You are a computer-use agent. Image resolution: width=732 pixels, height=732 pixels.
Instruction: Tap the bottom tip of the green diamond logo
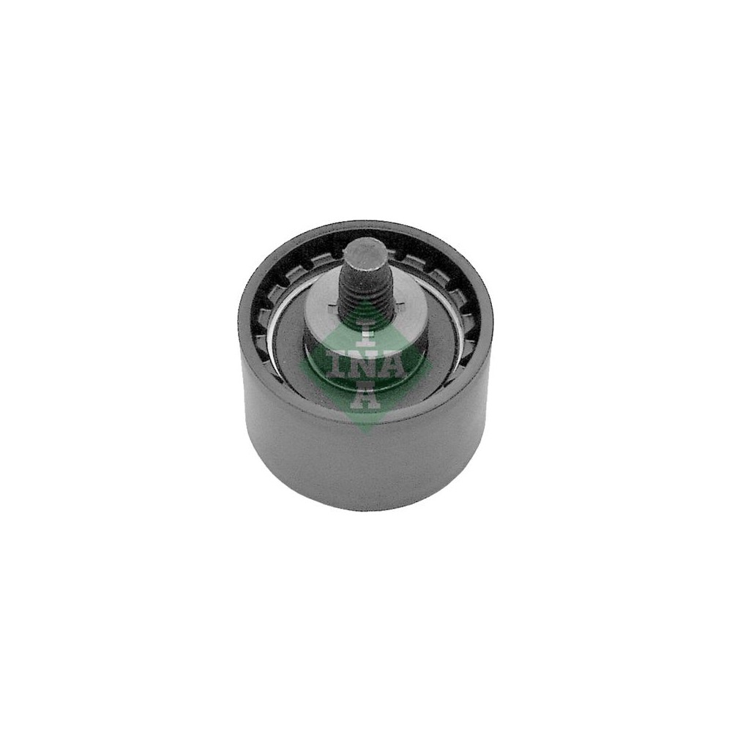[x=365, y=433]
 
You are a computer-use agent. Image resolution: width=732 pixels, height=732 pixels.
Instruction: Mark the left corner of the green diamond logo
[x=298, y=365]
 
